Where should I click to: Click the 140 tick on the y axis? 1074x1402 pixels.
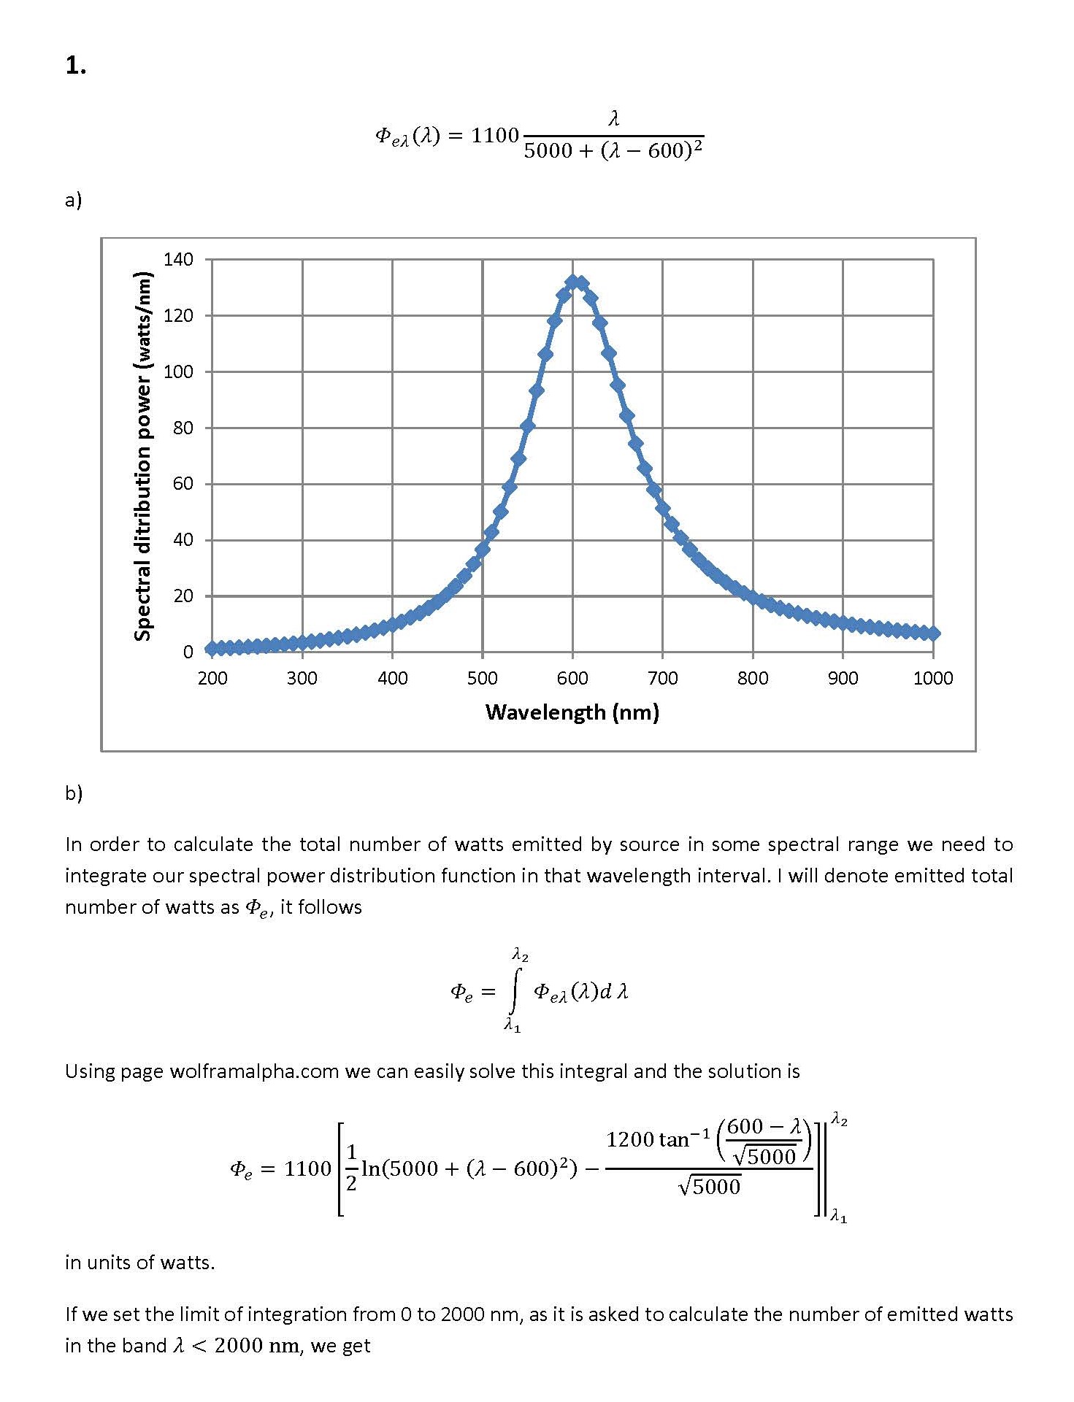pyautogui.click(x=179, y=259)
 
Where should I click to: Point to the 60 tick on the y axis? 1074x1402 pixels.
pyautogui.click(x=183, y=483)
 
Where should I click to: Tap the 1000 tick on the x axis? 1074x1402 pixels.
pyautogui.click(x=932, y=678)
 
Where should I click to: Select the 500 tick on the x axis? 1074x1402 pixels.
pyautogui.click(x=482, y=678)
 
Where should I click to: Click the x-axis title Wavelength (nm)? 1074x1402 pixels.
pyautogui.click(x=572, y=712)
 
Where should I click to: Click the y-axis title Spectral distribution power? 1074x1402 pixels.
pyautogui.click(x=143, y=455)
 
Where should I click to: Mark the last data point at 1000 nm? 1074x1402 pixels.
pyautogui.click(x=932, y=633)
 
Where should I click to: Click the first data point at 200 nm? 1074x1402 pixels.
pyautogui.click(x=212, y=648)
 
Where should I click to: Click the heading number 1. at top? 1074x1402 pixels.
pyautogui.click(x=75, y=66)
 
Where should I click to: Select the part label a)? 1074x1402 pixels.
pyautogui.click(x=73, y=200)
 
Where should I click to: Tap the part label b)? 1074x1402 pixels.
pyautogui.click(x=74, y=793)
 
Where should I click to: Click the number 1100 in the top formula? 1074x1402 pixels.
pyautogui.click(x=494, y=136)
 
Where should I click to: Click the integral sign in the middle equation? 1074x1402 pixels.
pyautogui.click(x=516, y=990)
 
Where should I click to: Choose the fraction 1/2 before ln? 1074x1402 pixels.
pyautogui.click(x=351, y=1168)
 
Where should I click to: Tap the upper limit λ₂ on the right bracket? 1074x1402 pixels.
pyautogui.click(x=839, y=1121)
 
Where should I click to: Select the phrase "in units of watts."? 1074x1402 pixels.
pyautogui.click(x=139, y=1262)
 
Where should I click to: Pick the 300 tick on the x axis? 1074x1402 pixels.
pyautogui.click(x=302, y=678)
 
